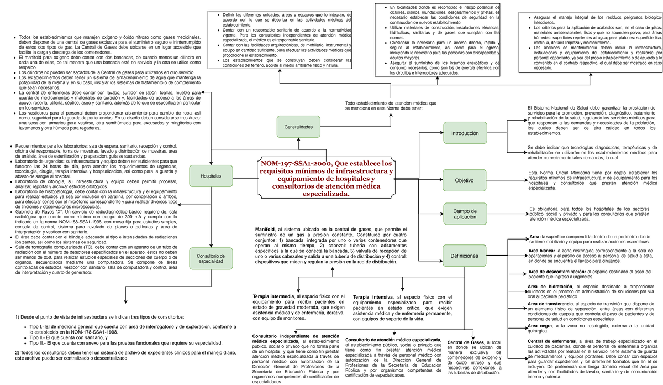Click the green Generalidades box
(x=298, y=127)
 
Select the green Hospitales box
(x=210, y=176)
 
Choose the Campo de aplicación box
(x=465, y=215)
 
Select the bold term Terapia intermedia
(x=274, y=297)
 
